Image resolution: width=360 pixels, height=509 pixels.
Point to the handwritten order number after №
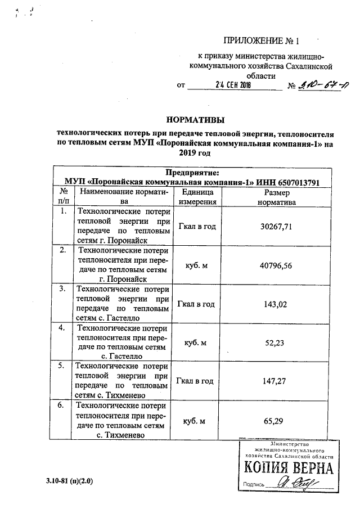(323, 85)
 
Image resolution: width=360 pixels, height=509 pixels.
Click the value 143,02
(275, 304)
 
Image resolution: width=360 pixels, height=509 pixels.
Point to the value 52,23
(275, 343)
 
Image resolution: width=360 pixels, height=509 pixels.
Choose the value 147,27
(275, 381)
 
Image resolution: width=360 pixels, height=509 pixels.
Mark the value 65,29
(275, 420)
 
